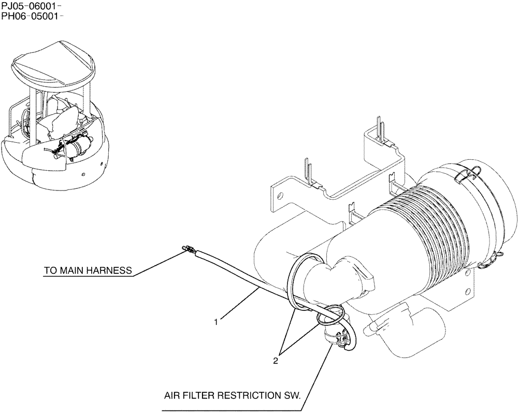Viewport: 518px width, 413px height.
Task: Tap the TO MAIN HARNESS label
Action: tap(88, 270)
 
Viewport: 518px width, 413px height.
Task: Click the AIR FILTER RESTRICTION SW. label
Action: tap(232, 395)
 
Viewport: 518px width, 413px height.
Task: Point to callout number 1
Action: tap(217, 322)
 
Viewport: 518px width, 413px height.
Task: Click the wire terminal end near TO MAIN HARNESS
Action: tap(187, 251)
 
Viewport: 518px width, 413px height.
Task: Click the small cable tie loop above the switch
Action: tap(330, 314)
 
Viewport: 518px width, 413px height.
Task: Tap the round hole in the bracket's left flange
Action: tap(280, 197)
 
